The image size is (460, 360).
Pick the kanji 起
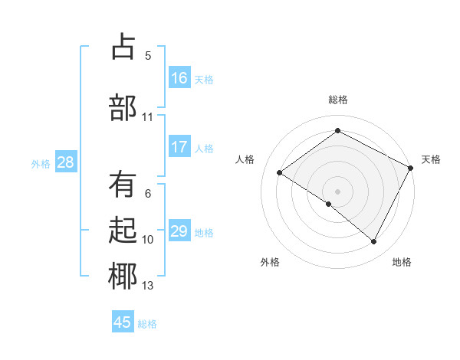(x=123, y=231)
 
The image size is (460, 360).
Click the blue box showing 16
(x=179, y=78)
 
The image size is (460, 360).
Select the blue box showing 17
(x=179, y=147)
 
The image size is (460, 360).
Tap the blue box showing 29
(x=179, y=231)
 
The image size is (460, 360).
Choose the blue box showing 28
(x=65, y=162)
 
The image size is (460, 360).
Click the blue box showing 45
(x=123, y=322)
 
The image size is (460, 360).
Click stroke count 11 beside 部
(x=148, y=117)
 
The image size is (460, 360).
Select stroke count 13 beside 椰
(x=148, y=286)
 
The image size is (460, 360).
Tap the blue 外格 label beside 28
(x=41, y=163)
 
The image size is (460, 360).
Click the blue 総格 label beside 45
(x=147, y=323)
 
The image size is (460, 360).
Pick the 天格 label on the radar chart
(x=431, y=159)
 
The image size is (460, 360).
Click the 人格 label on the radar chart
(x=245, y=159)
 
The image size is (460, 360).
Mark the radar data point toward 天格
(x=411, y=168)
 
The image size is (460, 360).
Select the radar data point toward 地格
(x=374, y=242)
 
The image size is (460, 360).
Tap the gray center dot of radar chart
(x=337, y=191)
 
